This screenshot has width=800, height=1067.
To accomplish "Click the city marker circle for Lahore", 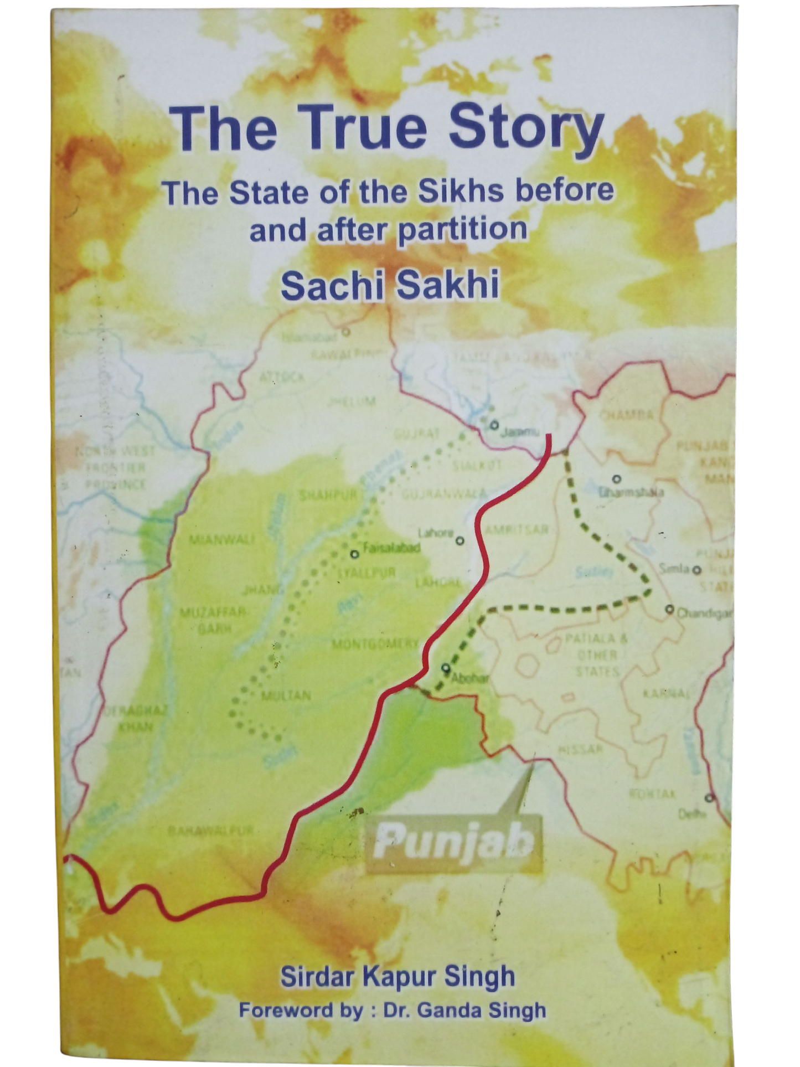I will (x=460, y=541).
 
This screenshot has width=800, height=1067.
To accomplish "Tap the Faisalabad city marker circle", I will (x=355, y=554).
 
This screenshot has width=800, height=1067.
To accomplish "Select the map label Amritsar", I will (x=517, y=529).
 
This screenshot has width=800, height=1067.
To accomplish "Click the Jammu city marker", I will (x=494, y=425).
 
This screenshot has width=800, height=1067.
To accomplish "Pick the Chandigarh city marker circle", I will (x=670, y=609).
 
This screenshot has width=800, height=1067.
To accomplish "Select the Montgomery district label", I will (x=375, y=643).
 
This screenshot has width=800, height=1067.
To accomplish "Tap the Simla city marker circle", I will (x=697, y=569).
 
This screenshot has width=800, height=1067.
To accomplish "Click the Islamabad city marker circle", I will (x=346, y=332).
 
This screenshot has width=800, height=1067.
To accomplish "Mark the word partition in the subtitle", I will (x=462, y=229).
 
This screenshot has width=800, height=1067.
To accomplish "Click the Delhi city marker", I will (x=710, y=798).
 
